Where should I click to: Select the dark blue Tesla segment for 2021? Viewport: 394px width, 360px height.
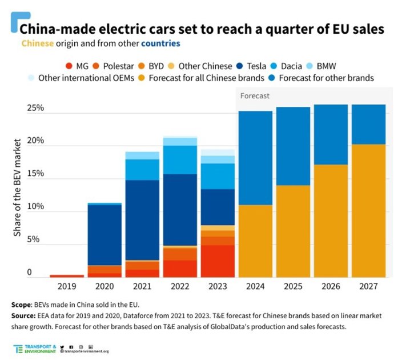[142, 220]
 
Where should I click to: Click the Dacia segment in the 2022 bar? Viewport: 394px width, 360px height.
[180, 159]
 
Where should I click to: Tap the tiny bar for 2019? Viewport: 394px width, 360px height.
[66, 276]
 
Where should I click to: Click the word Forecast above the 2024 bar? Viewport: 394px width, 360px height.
[255, 97]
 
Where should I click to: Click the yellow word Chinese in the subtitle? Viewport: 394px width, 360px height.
[38, 43]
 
